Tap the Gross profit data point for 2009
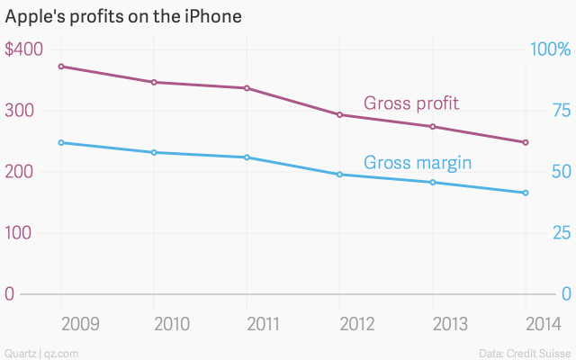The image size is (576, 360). pos(61,67)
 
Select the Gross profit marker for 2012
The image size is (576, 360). pos(339,115)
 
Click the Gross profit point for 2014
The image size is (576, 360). pos(526,142)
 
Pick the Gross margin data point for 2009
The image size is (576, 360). pos(61,142)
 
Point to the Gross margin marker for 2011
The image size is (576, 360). pos(247,157)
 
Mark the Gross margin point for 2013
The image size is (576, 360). pos(433,183)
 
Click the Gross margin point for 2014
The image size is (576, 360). pos(526,193)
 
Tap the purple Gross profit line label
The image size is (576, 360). pos(410,103)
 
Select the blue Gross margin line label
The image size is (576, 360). pos(418,163)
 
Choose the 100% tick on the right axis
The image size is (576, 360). pos(551,49)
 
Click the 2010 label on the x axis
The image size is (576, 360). pos(154,323)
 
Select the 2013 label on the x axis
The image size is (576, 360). pos(433,323)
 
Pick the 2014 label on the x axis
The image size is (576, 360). pos(526,323)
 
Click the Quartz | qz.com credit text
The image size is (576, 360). pos(40,352)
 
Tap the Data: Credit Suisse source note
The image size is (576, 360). pos(526,352)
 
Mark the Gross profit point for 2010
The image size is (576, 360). pos(154,82)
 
